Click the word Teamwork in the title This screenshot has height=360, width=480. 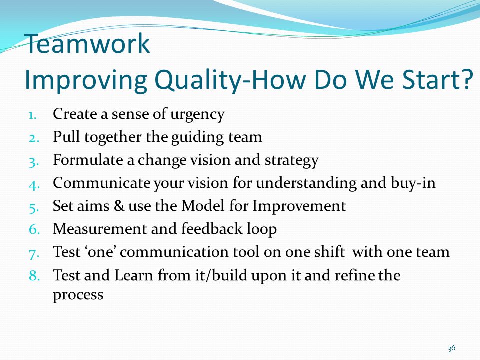click(87, 44)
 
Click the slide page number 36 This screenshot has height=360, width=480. click(451, 348)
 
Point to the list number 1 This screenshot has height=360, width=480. click(33, 115)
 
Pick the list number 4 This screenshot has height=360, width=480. click(34, 185)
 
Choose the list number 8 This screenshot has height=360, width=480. click(34, 275)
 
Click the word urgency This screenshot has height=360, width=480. click(197, 115)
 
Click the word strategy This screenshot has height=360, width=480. click(291, 160)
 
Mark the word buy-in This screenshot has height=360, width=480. click(413, 183)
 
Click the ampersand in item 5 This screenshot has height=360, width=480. click(119, 205)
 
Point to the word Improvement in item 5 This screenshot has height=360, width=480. click(299, 206)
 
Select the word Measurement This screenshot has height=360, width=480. click(100, 229)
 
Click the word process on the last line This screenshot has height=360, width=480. click(78, 295)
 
